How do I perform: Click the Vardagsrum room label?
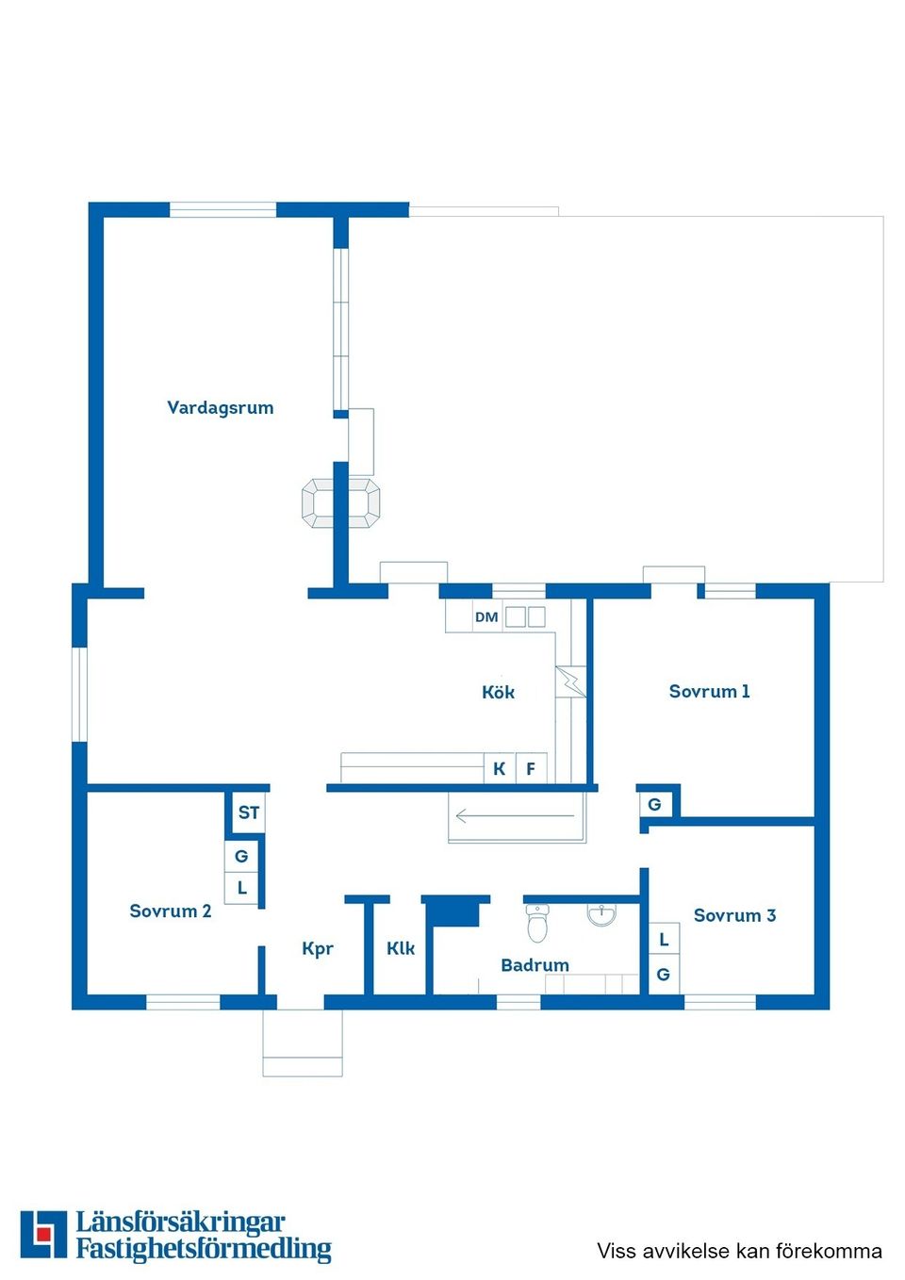(220, 408)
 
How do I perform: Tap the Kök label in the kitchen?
(498, 692)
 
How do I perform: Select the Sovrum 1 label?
(709, 692)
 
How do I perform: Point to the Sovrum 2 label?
(171, 911)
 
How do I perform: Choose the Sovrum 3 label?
(734, 915)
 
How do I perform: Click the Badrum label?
(535, 965)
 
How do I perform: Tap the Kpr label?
(318, 949)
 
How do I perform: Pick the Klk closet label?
(401, 948)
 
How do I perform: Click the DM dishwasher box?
(487, 616)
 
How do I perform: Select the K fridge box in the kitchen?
(500, 768)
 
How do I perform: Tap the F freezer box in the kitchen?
(531, 768)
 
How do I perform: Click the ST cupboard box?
(249, 812)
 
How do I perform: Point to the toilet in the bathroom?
(536, 923)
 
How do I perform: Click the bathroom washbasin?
(601, 915)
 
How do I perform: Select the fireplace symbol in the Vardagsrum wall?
(340, 503)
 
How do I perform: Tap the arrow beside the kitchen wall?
(515, 816)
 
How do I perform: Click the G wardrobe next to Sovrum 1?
(654, 805)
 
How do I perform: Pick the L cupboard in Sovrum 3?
(664, 939)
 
